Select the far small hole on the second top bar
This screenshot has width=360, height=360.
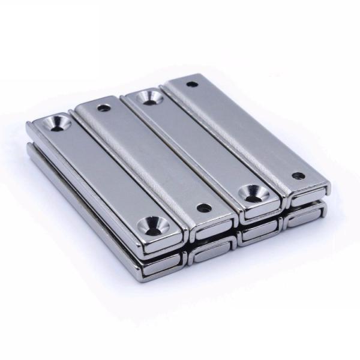coord(104,109)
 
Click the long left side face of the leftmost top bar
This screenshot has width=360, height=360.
coord(84,192)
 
